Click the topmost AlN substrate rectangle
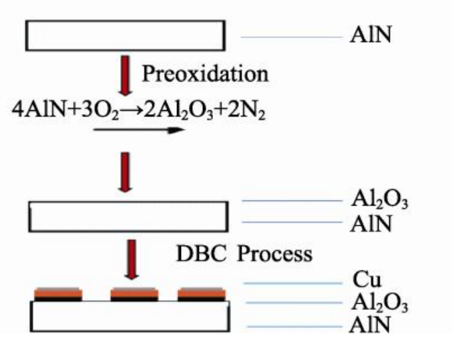point(126,35)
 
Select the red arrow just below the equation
point(124,171)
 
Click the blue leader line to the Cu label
point(291,283)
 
